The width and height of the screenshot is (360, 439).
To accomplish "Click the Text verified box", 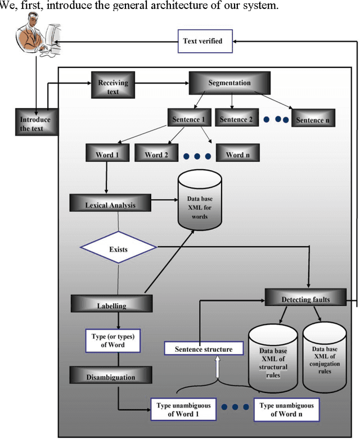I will [x=202, y=42].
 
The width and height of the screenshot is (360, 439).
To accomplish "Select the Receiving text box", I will [x=113, y=87].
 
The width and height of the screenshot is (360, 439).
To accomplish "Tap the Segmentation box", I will [x=229, y=83].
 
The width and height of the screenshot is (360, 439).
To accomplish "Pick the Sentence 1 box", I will [x=188, y=120].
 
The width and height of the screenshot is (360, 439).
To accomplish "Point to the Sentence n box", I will [x=310, y=120].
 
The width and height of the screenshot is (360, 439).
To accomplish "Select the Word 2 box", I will [x=157, y=155].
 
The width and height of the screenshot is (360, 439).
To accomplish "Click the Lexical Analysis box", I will [x=110, y=205].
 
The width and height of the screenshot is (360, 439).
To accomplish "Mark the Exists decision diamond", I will [x=119, y=247].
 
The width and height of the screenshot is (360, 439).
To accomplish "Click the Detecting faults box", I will [x=305, y=300].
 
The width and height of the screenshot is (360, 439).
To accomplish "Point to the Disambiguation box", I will [x=110, y=377].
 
